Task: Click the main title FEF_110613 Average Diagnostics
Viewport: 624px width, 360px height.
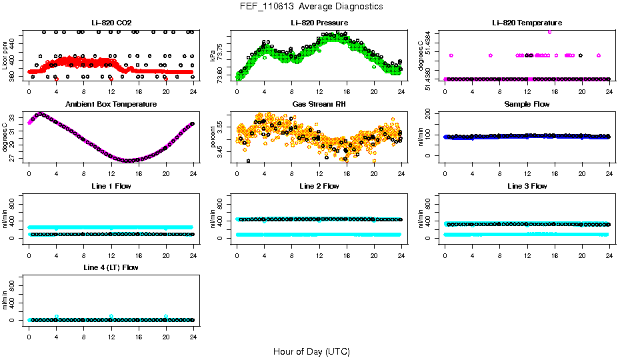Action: point(312,6)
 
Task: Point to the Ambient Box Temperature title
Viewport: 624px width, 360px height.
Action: point(111,105)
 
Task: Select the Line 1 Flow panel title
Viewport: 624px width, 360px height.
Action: point(111,186)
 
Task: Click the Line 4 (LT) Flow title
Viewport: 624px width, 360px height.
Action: point(111,267)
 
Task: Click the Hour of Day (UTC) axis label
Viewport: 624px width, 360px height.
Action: point(311,351)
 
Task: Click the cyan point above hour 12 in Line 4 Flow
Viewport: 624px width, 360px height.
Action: point(111,316)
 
